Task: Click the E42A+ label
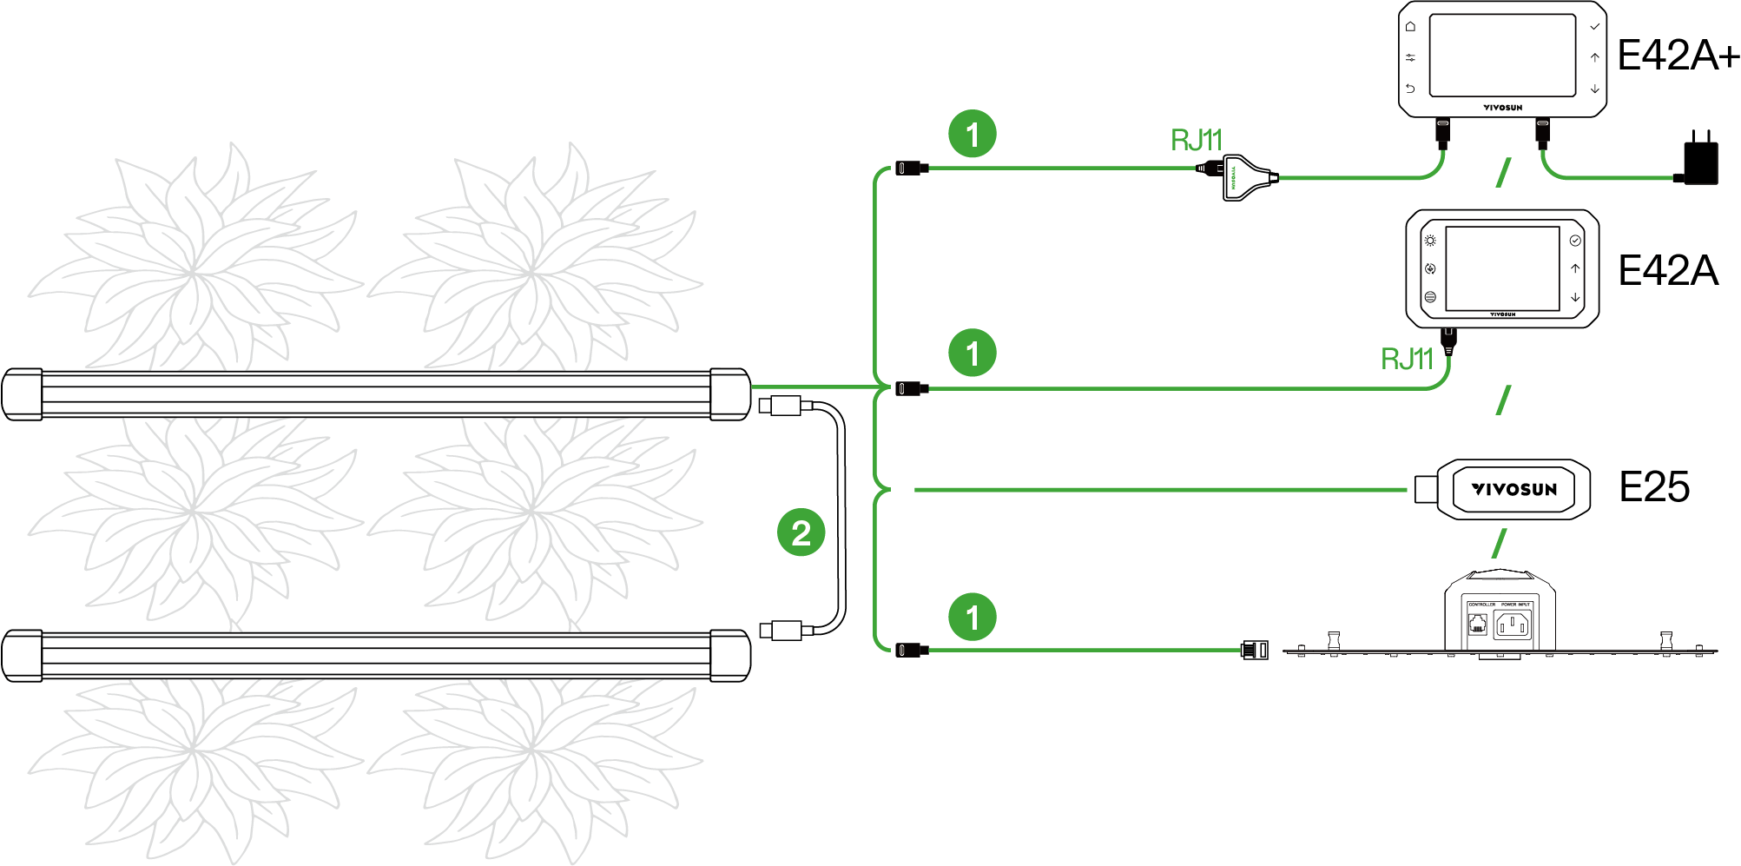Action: (x=1678, y=56)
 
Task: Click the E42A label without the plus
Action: (x=1668, y=271)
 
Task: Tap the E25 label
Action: (x=1654, y=486)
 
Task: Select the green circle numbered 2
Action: (x=801, y=532)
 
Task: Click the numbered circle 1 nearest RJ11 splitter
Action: (x=973, y=134)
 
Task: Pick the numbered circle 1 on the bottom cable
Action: (x=973, y=617)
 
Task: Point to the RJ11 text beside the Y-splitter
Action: (x=1196, y=140)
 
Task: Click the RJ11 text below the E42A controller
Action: (x=1406, y=358)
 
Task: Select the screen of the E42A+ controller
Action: (x=1501, y=55)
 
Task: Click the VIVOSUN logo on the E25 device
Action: (x=1514, y=489)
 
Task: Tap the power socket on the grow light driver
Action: (x=1512, y=625)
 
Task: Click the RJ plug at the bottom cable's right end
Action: (x=1255, y=650)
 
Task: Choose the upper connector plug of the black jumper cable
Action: (x=780, y=406)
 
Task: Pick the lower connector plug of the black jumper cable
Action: (x=780, y=630)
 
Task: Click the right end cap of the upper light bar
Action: (x=729, y=394)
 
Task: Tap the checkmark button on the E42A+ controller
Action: (x=1594, y=27)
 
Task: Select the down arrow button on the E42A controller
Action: (x=1575, y=297)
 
